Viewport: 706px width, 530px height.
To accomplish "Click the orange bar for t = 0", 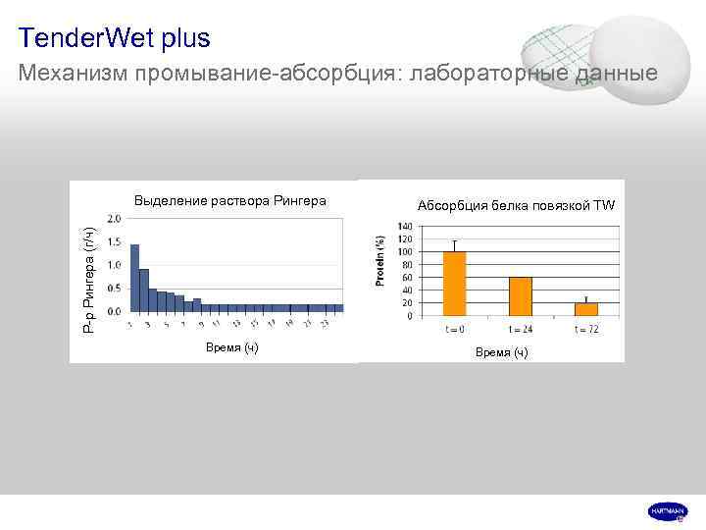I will tap(454, 284).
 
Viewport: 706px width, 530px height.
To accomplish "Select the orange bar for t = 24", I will tap(520, 296).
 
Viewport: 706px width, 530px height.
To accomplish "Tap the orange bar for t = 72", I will tap(586, 309).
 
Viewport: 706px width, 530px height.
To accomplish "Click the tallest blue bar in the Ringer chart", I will tap(135, 278).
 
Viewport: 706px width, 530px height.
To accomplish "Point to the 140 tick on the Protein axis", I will tap(406, 227).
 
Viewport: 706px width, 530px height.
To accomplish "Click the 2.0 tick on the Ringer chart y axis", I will tap(115, 218).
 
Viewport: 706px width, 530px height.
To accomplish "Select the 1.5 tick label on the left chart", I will tap(115, 241).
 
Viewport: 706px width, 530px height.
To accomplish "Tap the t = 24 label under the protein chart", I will tap(520, 328).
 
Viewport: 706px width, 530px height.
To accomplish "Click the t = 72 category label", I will tap(586, 328).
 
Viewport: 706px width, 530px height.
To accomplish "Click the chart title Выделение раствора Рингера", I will tap(230, 201).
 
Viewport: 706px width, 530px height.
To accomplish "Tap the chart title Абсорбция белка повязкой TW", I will tap(516, 205).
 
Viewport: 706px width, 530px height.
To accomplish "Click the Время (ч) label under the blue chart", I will tap(231, 348).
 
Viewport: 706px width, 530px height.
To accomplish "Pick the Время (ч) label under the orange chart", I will tap(501, 352).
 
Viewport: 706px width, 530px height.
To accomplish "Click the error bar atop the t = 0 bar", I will tap(454, 244).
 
